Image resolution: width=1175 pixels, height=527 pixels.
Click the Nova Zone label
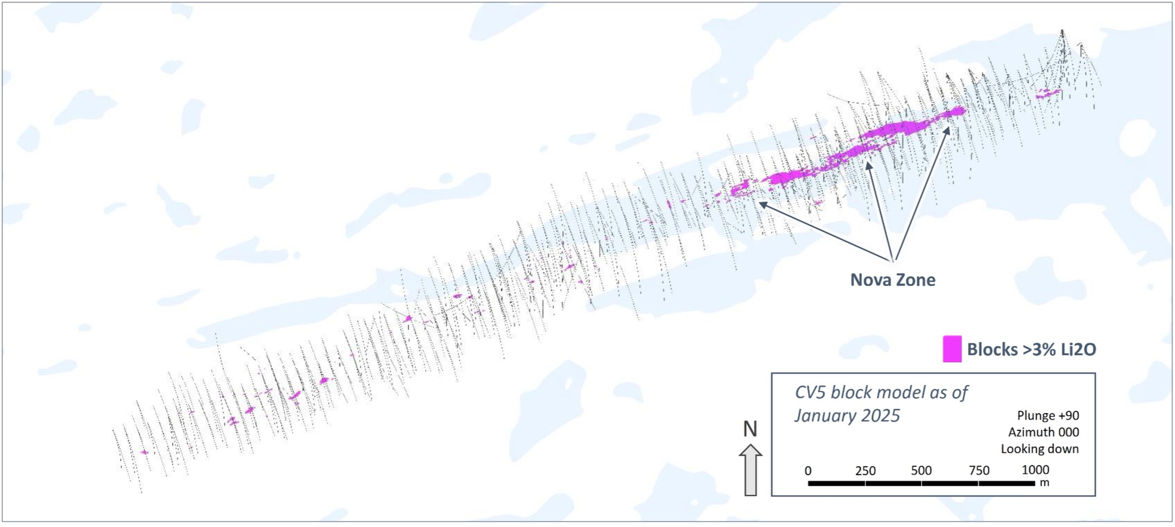coord(892,280)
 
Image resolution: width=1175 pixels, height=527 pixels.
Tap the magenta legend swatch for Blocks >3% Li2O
coord(952,349)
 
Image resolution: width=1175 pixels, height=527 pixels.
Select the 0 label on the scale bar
coord(808,470)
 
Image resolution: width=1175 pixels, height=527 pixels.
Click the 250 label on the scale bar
coord(865,470)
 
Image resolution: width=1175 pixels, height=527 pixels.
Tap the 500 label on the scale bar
coord(921,470)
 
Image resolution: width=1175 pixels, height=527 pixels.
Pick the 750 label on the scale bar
coord(979,470)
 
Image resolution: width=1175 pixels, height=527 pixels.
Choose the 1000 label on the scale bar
coord(1035,470)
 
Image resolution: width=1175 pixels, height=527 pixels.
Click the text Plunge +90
coord(1048,415)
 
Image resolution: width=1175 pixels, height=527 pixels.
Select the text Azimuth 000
coord(1043,432)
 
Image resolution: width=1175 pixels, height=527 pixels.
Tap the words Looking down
coord(1040,449)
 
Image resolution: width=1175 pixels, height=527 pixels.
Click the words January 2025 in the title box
coord(847,415)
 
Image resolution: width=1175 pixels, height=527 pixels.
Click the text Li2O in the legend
coord(1077,350)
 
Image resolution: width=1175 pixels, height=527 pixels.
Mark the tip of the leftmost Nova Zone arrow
coord(759,203)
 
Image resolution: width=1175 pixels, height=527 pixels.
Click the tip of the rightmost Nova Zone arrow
coord(949,127)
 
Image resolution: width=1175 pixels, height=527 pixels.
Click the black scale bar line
coord(921,483)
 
